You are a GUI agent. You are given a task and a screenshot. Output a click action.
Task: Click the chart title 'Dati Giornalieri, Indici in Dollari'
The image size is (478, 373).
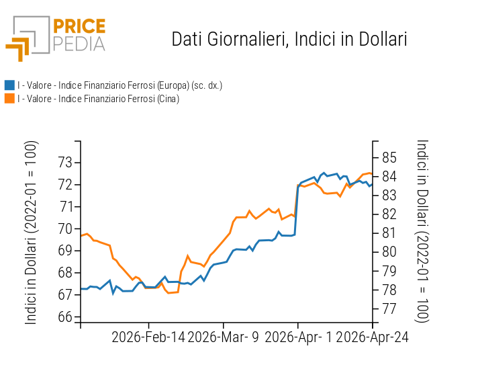[x=289, y=39]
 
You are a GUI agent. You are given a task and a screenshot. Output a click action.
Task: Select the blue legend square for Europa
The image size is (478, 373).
[x=9, y=85]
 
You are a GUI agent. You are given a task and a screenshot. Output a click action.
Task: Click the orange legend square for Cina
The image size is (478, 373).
[x=9, y=99]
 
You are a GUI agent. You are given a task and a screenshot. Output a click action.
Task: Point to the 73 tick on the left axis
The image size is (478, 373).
[x=66, y=162]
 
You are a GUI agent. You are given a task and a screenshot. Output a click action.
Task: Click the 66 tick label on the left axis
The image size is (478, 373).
[x=66, y=317]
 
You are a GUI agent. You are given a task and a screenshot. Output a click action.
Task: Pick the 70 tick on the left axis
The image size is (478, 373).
[x=66, y=229]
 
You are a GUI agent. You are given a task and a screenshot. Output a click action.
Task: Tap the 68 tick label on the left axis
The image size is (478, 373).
[x=66, y=273]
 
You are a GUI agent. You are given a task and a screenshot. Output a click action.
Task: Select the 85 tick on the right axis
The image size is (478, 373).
[x=389, y=158]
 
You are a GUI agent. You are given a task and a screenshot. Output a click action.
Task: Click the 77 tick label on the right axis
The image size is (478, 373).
[x=389, y=309]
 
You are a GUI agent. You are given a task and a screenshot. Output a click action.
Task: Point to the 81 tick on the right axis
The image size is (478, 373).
[x=389, y=233]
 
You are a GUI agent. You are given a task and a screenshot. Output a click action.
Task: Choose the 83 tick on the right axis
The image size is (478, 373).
[x=389, y=196]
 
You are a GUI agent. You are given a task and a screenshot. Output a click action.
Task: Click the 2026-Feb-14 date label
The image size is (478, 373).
[x=148, y=337]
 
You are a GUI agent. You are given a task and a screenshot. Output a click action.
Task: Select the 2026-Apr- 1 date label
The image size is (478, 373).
[x=299, y=337]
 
